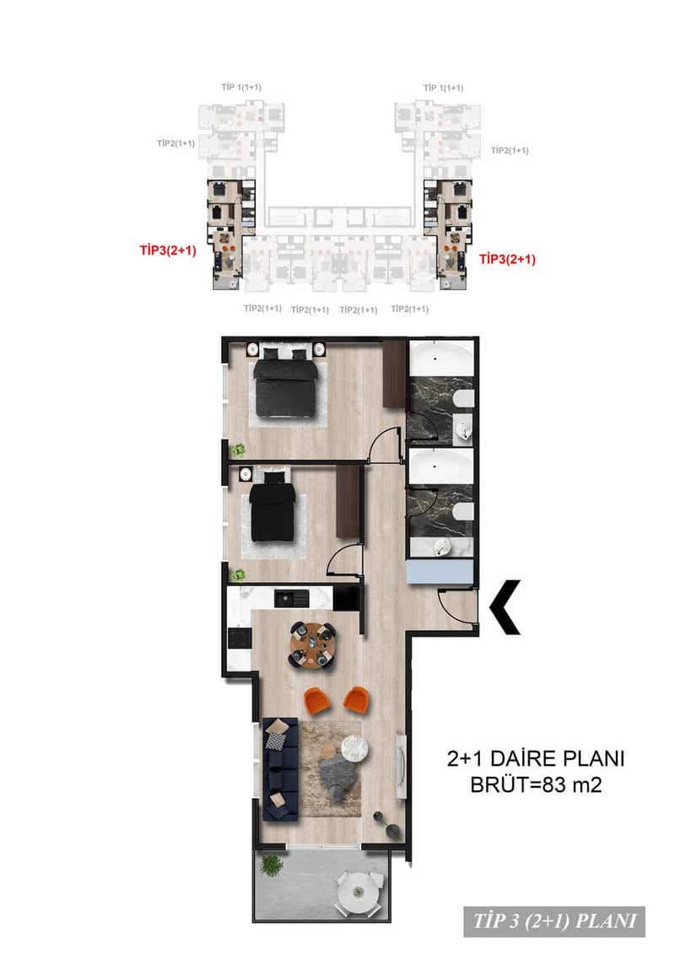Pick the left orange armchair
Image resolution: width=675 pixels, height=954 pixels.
coord(316,698)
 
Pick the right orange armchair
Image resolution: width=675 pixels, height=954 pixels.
coord(357,698)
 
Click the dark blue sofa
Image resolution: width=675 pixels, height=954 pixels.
coord(281,769)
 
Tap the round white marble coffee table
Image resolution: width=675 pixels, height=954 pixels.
coord(354,747)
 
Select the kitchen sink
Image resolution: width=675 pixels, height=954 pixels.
coord(292,598)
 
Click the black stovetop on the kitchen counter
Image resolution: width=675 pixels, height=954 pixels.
coord(239,639)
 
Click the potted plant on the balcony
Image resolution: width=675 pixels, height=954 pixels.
coord(272,865)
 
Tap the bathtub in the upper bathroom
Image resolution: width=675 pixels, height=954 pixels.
coord(440,359)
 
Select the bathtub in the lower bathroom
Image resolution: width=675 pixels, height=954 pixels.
coord(440,467)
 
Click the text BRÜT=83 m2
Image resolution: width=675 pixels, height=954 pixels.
coord(537,784)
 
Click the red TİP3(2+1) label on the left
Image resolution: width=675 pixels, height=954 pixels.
coord(168,250)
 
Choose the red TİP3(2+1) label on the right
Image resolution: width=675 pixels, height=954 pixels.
coord(507,259)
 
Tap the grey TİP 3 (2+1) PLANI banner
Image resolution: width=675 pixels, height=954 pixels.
coord(554,920)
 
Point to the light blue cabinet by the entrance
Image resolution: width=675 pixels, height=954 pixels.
coord(440,572)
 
